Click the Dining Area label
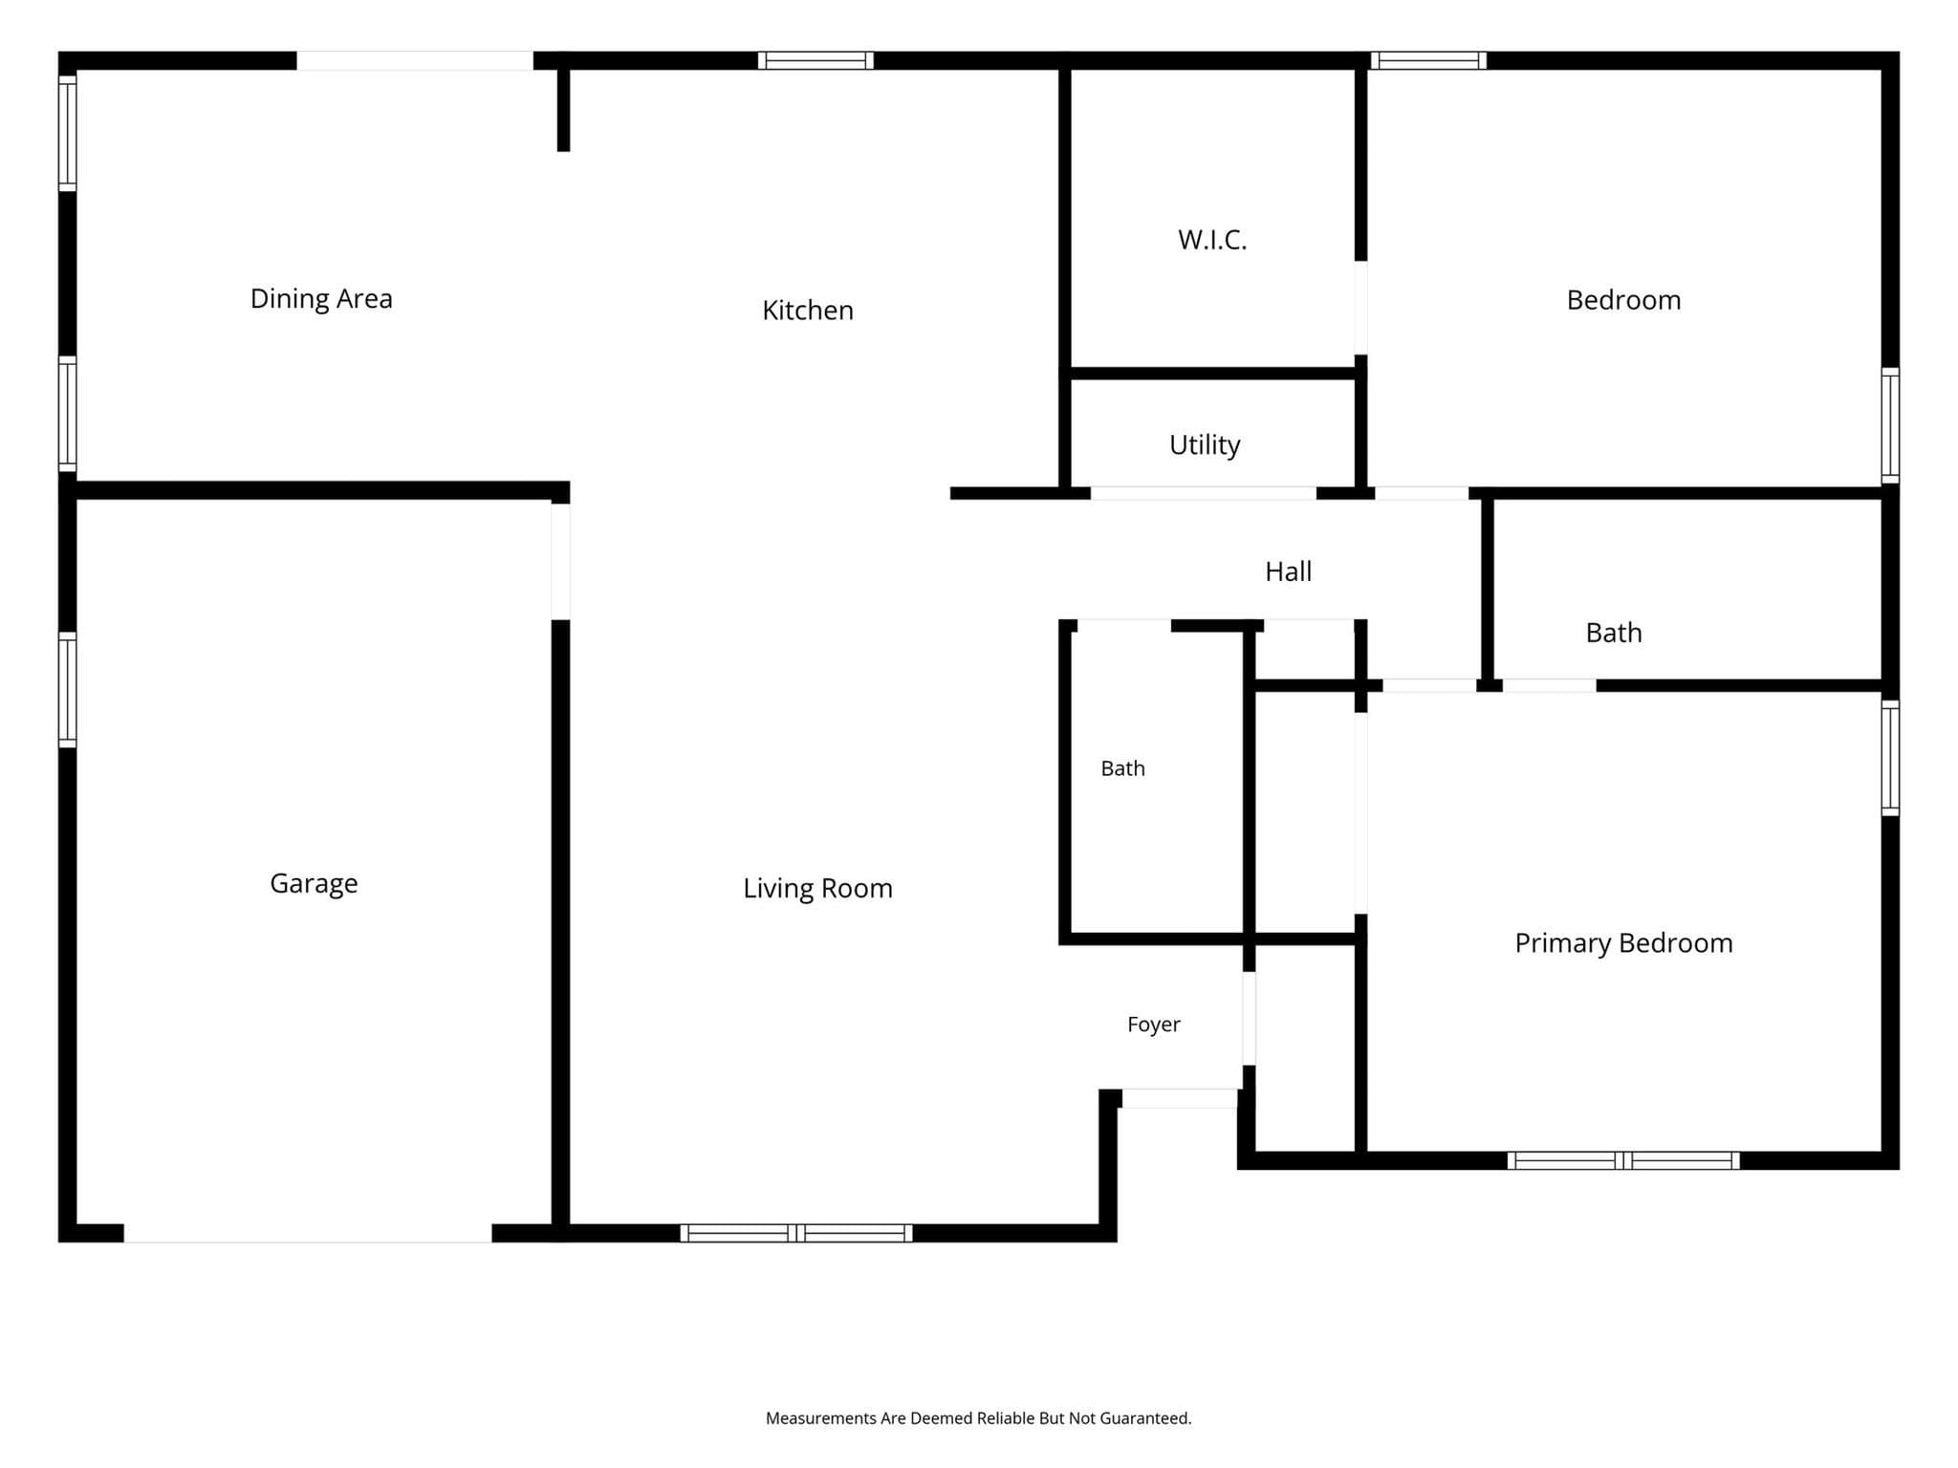pos(321,299)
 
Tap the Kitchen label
pos(808,311)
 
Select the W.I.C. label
pos(1212,240)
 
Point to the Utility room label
pos(1205,445)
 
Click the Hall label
pos(1288,572)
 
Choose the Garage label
pos(314,884)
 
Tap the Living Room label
pos(817,889)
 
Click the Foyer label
pos(1154,1025)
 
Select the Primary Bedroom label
pos(1623,943)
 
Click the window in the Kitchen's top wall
pos(816,60)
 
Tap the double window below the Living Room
pos(796,1233)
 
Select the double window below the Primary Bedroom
pos(1623,1160)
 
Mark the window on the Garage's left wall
pos(67,689)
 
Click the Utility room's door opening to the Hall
pos(1204,493)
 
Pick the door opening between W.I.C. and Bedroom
pos(1360,308)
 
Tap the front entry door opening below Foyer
pos(1179,1098)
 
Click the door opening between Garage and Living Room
pos(560,562)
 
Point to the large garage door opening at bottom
pos(308,1233)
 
